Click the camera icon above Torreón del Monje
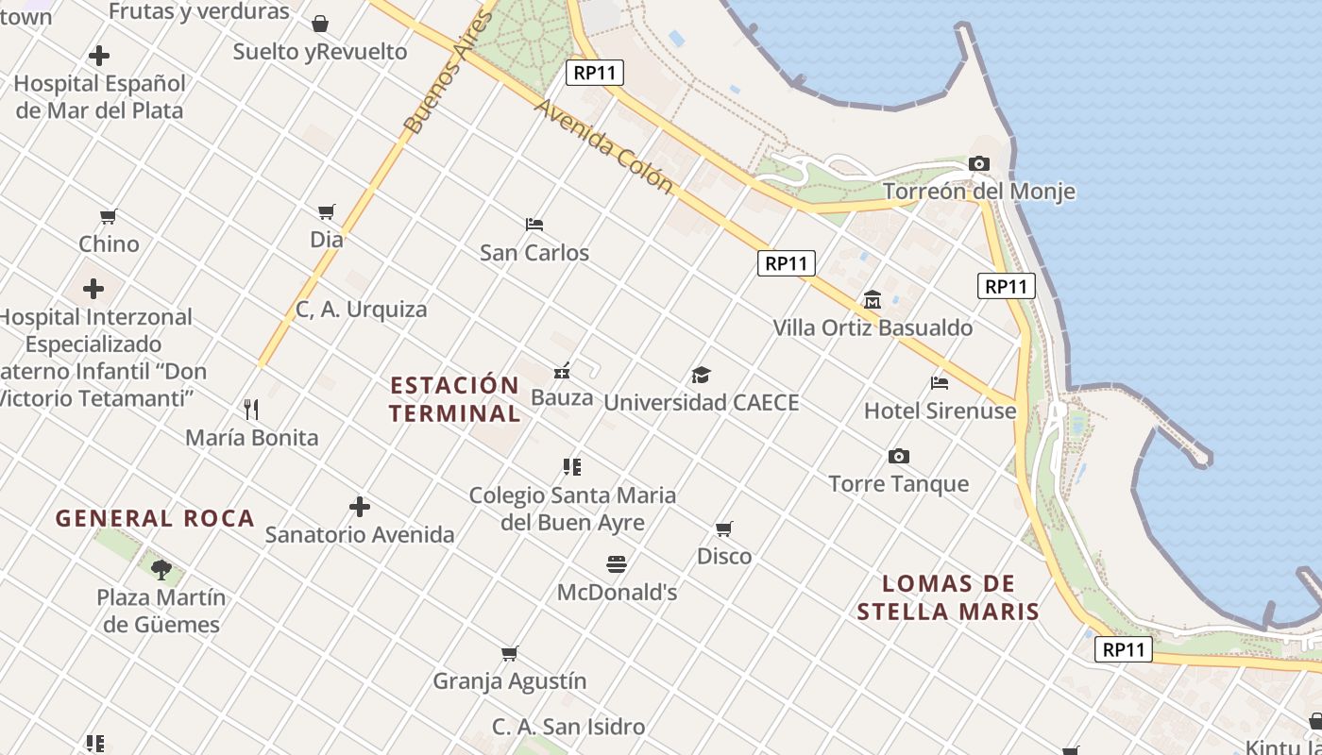978,164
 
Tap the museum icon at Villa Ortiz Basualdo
872,300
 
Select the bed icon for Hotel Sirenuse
939,382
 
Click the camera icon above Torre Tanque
899,457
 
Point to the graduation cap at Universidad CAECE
701,375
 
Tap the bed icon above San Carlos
534,225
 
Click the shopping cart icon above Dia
326,211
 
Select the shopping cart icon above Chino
109,216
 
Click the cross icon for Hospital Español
98,56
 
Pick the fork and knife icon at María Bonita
251,410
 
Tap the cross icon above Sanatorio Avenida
359,507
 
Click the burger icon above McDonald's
617,564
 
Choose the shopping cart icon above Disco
723,528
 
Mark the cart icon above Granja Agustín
509,653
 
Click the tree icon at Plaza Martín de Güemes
161,569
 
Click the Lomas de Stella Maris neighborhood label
948,597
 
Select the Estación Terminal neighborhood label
454,399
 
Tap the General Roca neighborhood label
155,518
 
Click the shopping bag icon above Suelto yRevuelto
320,24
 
